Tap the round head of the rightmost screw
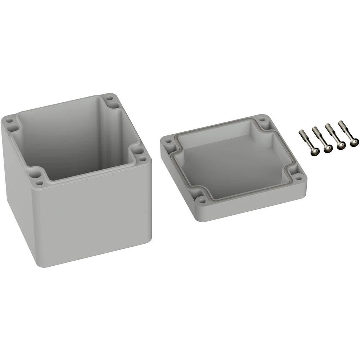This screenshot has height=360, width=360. pos(353,143)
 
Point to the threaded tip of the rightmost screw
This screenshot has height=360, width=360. pos(340,123)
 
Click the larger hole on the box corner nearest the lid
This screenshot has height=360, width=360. pos(136,151)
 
